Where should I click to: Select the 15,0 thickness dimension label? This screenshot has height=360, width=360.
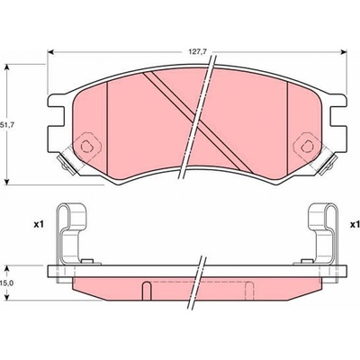[x=7, y=283]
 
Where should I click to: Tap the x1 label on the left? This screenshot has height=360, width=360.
[x=39, y=224]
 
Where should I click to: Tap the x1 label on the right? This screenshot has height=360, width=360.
[x=355, y=224]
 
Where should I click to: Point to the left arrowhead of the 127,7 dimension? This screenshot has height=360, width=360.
[x=50, y=52]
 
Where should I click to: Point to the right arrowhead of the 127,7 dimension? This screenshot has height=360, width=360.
[x=344, y=52]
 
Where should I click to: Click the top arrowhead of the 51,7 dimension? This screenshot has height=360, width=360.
[x=7, y=67]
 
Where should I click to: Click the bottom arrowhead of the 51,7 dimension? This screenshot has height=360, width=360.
[x=7, y=182]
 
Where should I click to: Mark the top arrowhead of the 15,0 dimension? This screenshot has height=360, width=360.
[x=7, y=268]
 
